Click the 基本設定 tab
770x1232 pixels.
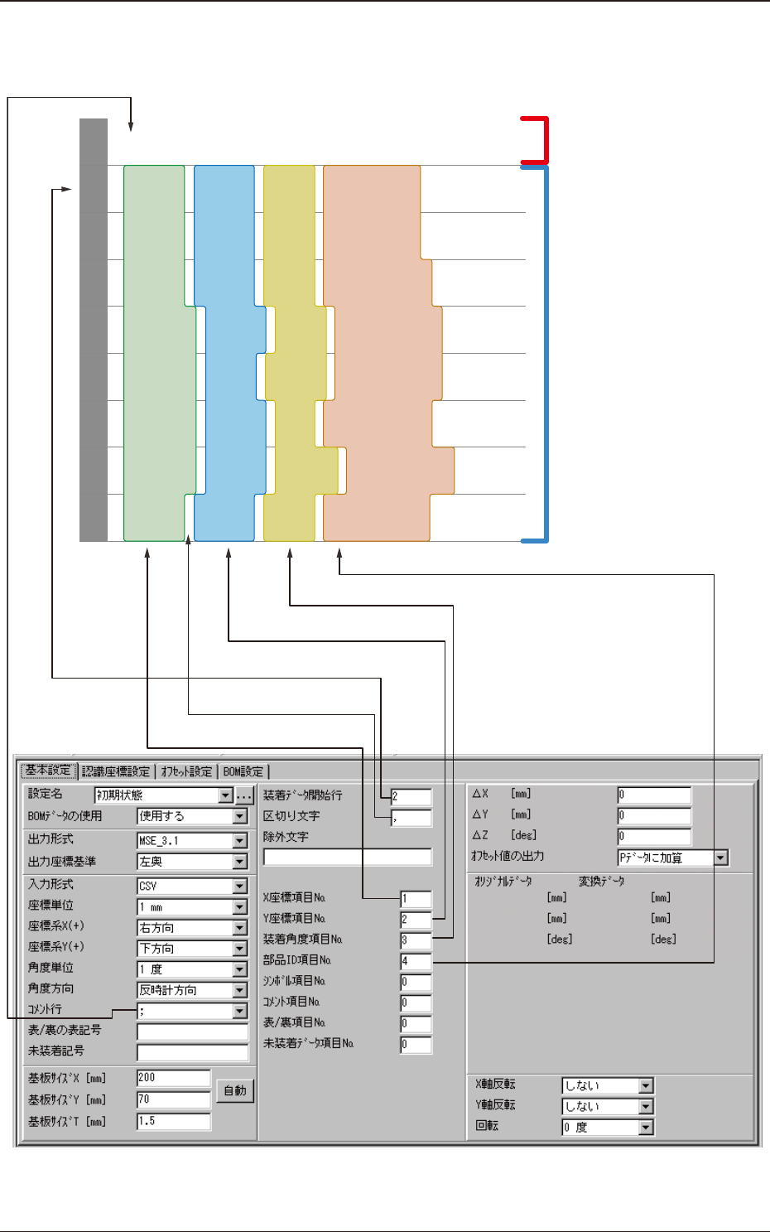click(48, 771)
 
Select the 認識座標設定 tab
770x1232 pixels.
click(116, 771)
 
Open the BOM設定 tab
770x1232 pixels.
click(243, 771)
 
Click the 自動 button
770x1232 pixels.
click(235, 1090)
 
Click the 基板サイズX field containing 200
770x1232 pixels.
click(173, 1078)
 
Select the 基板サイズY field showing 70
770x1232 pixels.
click(173, 1099)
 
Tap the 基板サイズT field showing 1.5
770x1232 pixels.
click(173, 1121)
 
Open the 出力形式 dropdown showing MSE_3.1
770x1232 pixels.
click(192, 840)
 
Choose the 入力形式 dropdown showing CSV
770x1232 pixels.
click(192, 886)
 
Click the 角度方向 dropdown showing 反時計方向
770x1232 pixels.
click(192, 990)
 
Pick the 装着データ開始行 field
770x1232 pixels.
click(411, 796)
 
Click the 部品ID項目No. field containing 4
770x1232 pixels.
click(415, 961)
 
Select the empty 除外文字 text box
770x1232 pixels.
click(347, 857)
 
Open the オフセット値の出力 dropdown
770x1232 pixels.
click(672, 858)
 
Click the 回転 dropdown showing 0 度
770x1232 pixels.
click(608, 1128)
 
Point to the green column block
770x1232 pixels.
click(154, 353)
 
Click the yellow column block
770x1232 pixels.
click(289, 353)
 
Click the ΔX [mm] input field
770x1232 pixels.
click(653, 795)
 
